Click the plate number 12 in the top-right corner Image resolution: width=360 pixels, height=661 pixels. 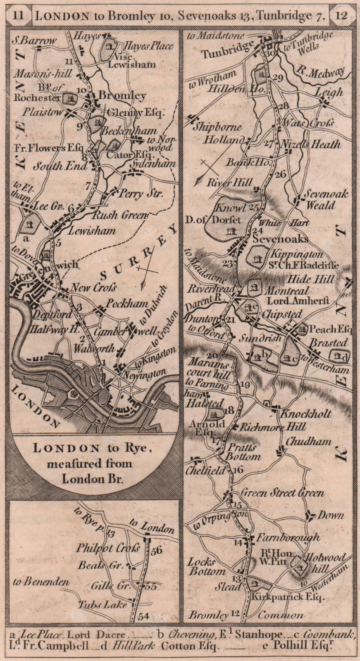tap(341, 16)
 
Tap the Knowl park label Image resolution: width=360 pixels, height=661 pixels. tap(231, 208)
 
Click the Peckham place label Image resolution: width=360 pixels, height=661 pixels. tap(126, 304)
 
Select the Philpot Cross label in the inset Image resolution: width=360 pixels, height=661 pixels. tap(108, 548)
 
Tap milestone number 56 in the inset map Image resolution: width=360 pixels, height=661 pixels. tap(157, 550)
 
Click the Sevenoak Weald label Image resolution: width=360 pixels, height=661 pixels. tap(326, 199)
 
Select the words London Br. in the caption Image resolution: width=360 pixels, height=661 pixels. tap(93, 479)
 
